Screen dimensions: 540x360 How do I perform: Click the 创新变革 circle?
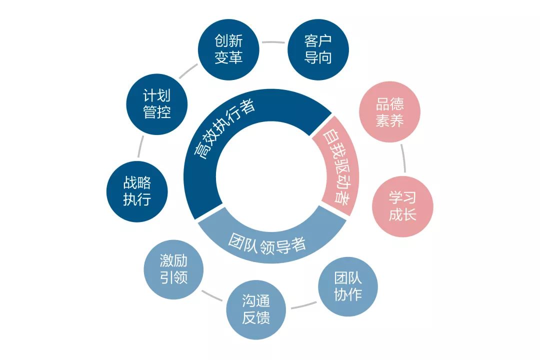click(x=228, y=49)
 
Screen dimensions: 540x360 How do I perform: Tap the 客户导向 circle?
click(x=318, y=49)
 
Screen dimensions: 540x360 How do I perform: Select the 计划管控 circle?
click(x=157, y=104)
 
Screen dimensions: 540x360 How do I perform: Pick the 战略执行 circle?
click(x=137, y=191)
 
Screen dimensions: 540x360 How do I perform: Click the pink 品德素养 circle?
click(x=390, y=112)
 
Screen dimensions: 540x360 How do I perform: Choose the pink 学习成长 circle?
click(x=402, y=206)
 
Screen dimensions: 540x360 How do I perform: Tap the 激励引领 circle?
click(x=173, y=269)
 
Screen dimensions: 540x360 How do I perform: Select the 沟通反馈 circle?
click(x=256, y=309)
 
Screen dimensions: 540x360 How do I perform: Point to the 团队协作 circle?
click(x=348, y=286)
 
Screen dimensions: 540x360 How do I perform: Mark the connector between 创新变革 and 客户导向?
click(x=273, y=42)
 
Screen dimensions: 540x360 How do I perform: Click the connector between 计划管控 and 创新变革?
click(x=188, y=70)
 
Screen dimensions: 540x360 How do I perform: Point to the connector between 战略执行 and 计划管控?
click(x=140, y=147)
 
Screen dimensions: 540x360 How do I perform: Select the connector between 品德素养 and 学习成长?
click(x=403, y=158)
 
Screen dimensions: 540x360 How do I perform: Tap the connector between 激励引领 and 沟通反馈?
click(x=212, y=295)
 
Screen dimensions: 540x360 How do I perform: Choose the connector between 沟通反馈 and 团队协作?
click(x=304, y=305)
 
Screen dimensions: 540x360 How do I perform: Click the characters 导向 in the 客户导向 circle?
click(x=318, y=57)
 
